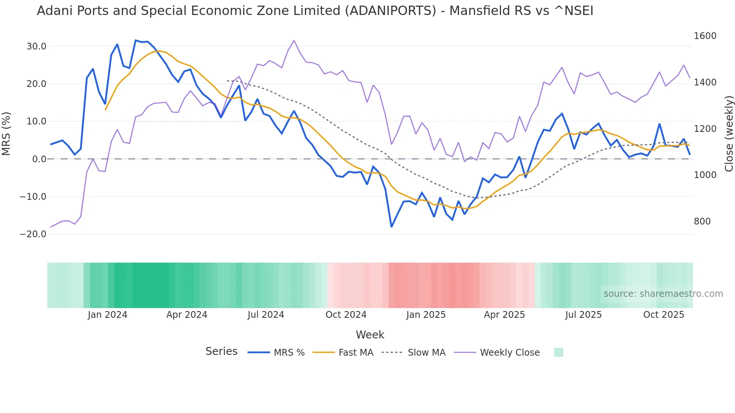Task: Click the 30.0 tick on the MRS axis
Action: point(36,46)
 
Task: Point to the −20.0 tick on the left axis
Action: point(33,234)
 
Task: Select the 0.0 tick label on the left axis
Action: point(39,159)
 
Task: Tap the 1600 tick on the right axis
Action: point(705,36)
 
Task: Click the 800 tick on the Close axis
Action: point(702,221)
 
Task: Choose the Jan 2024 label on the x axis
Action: point(108,315)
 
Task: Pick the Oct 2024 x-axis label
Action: point(346,315)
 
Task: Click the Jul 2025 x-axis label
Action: point(583,315)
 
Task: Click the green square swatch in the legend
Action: point(558,352)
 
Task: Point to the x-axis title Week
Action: point(370,335)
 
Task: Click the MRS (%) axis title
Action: point(6,134)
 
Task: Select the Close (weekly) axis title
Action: point(729,134)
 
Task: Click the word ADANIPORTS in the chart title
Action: point(390,11)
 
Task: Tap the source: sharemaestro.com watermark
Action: point(663,294)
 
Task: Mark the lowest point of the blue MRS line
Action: point(391,227)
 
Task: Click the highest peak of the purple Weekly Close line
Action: point(294,40)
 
